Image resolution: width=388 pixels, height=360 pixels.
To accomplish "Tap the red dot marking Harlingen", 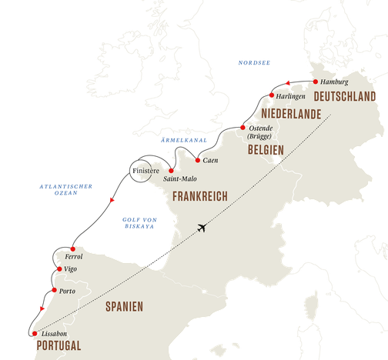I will (271, 95).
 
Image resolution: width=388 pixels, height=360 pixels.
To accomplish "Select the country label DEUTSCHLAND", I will (345, 96).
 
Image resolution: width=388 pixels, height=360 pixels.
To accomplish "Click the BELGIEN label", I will (266, 149).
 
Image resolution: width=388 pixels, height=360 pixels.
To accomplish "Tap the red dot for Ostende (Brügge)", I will (242, 126).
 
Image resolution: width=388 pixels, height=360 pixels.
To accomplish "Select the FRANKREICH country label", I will (199, 196).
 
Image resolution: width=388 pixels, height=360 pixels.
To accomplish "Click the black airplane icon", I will (203, 228).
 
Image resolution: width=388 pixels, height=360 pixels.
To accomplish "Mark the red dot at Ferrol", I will (72, 248).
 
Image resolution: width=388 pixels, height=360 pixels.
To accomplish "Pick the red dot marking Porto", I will (53, 289).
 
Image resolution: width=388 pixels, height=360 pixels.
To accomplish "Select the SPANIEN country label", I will (124, 307).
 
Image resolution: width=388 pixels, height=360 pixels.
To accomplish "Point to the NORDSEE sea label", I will (253, 62).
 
